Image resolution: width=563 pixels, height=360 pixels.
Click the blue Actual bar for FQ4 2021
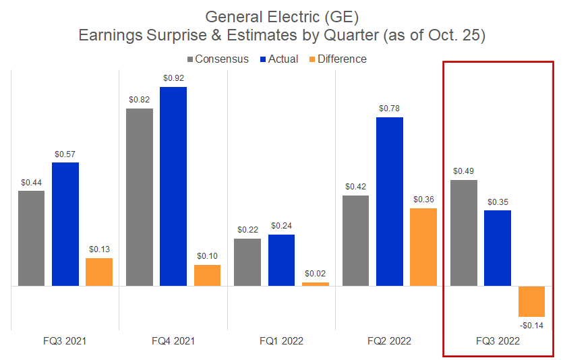click(x=173, y=186)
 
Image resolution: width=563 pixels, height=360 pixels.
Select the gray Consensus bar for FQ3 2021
click(x=32, y=238)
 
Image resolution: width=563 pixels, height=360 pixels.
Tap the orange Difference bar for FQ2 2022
click(x=423, y=247)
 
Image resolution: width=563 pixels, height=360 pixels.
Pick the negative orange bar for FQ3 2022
click(x=531, y=301)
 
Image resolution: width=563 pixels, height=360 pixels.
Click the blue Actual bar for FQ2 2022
click(x=390, y=202)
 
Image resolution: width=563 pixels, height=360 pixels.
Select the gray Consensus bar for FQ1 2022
click(x=247, y=262)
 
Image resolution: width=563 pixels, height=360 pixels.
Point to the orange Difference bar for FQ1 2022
click(x=316, y=284)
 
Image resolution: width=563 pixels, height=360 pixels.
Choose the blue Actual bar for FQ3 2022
click(x=498, y=248)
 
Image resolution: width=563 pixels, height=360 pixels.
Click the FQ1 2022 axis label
click(x=282, y=341)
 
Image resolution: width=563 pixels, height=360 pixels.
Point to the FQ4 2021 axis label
click(x=173, y=341)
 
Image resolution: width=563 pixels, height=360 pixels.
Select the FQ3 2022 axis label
click(x=498, y=341)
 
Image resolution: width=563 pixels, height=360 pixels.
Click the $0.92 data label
click(x=173, y=78)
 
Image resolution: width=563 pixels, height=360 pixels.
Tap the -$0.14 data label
click(x=531, y=326)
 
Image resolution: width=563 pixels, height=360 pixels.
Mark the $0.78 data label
click(x=390, y=108)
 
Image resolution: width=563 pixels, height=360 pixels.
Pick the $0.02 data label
click(x=316, y=274)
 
